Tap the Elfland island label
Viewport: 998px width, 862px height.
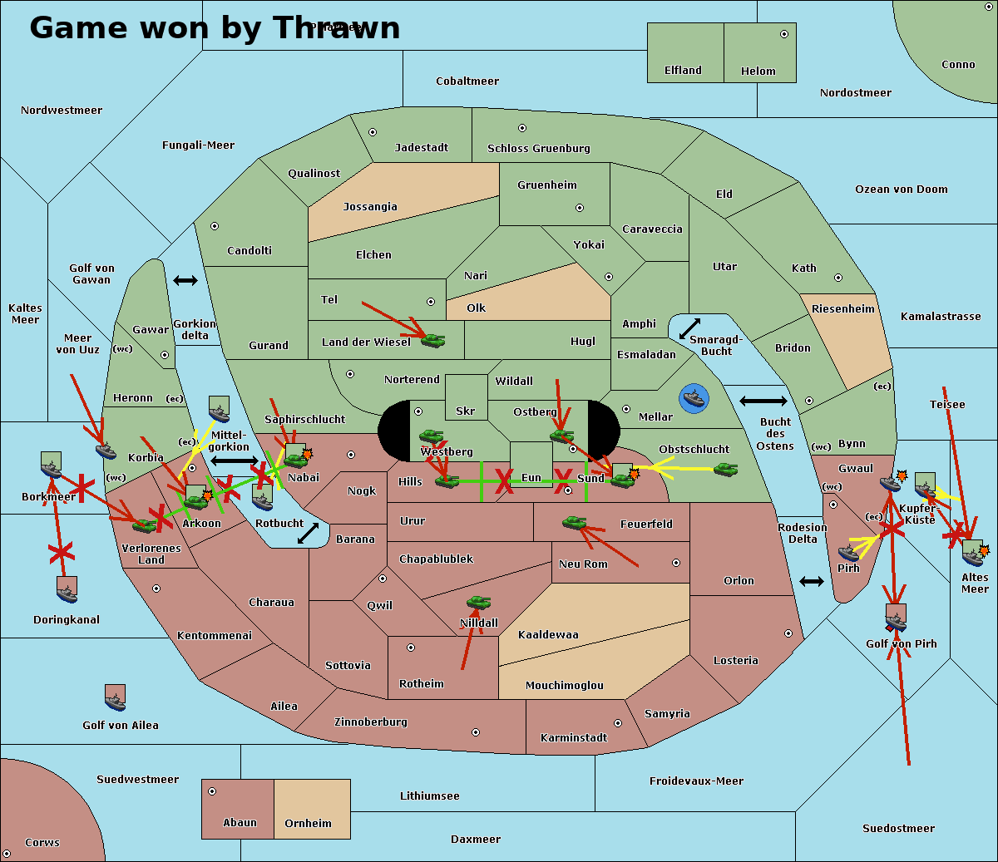click(683, 71)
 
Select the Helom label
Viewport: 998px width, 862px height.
click(758, 71)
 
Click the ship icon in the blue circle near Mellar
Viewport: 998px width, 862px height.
click(693, 398)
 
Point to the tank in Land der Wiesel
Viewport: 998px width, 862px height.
click(432, 339)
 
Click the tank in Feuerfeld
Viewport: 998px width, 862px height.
click(574, 523)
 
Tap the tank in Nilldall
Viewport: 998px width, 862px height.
click(478, 603)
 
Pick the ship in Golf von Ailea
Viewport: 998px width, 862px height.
click(116, 698)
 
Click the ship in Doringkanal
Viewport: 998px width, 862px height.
click(67, 589)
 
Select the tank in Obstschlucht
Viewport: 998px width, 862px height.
click(725, 469)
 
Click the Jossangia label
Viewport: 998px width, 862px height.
click(370, 207)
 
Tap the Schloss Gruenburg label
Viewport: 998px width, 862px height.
click(538, 149)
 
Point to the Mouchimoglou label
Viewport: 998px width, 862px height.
click(564, 686)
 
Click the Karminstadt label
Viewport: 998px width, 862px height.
click(574, 738)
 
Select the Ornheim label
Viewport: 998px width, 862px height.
click(308, 824)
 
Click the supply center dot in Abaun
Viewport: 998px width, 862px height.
click(212, 791)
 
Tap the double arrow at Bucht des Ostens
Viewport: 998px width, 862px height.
click(763, 401)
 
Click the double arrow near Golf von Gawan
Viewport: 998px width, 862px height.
click(185, 281)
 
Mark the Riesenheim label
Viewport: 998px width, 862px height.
click(843, 309)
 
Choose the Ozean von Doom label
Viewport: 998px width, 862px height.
click(901, 190)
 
